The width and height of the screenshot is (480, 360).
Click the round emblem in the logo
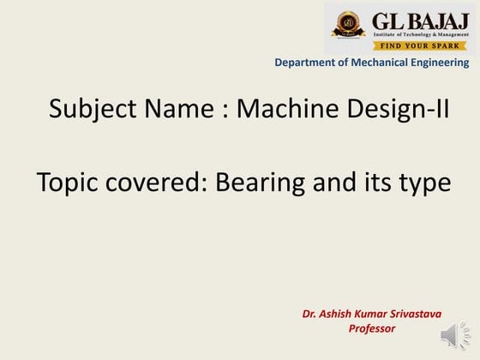pyautogui.click(x=348, y=22)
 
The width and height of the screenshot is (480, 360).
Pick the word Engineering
pyautogui.click(x=439, y=63)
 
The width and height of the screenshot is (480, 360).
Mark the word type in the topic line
pyautogui.click(x=424, y=183)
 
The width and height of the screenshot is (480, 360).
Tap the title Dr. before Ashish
pyautogui.click(x=310, y=314)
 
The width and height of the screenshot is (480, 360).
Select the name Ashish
pyautogui.click(x=338, y=314)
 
